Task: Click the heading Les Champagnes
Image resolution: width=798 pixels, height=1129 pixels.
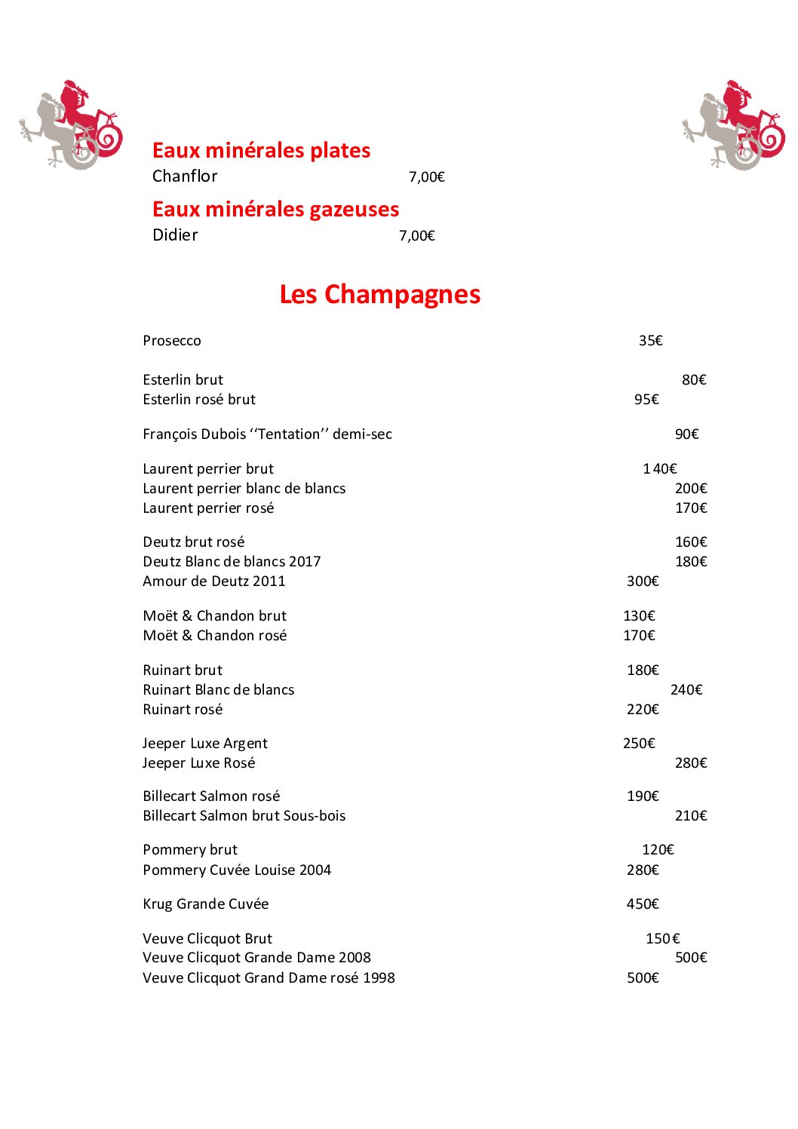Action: [x=379, y=294]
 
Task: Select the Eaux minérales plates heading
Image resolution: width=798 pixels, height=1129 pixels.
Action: [x=261, y=150]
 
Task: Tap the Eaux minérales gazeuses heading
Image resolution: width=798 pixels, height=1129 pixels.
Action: [x=275, y=209]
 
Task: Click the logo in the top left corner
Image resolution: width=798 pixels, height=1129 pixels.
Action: [x=71, y=124]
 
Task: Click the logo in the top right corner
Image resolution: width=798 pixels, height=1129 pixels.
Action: [x=733, y=124]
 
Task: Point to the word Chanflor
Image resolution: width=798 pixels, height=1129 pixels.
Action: [x=185, y=176]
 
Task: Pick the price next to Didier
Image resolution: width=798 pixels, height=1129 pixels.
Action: [x=417, y=236]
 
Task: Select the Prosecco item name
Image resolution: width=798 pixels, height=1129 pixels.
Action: [x=172, y=341]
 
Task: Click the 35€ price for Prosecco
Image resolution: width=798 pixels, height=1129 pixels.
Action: [x=650, y=341]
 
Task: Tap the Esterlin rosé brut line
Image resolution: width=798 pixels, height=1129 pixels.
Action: [x=199, y=400]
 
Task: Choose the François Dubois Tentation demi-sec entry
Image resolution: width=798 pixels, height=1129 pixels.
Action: [x=267, y=434]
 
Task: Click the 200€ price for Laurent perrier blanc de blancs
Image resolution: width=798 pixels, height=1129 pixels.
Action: [x=691, y=489]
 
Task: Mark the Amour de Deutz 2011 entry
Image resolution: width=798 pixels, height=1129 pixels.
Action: [x=214, y=581]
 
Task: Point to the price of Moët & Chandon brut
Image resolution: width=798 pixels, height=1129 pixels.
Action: [x=639, y=616]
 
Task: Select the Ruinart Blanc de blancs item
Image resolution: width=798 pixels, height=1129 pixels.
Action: [x=219, y=690]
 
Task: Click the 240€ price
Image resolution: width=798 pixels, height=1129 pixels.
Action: [x=686, y=690]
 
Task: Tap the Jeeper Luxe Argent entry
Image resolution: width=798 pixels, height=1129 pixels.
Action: [x=205, y=744]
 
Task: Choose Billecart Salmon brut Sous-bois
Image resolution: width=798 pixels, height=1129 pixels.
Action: [x=244, y=816]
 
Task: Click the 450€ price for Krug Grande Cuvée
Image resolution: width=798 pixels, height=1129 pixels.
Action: [x=643, y=904]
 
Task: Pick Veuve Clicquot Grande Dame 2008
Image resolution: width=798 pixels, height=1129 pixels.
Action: [x=256, y=958]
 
